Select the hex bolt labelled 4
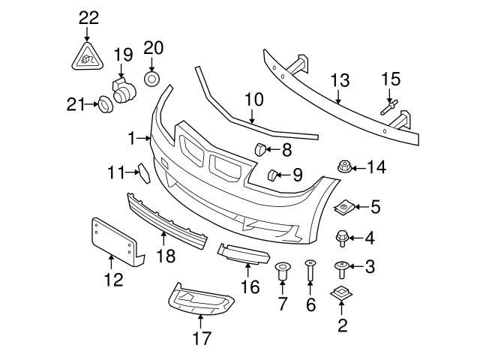coord(342,238)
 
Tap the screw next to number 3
coord(341,267)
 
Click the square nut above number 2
coord(342,295)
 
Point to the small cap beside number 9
coord(273,175)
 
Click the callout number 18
coord(166,256)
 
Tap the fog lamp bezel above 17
coord(199,303)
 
